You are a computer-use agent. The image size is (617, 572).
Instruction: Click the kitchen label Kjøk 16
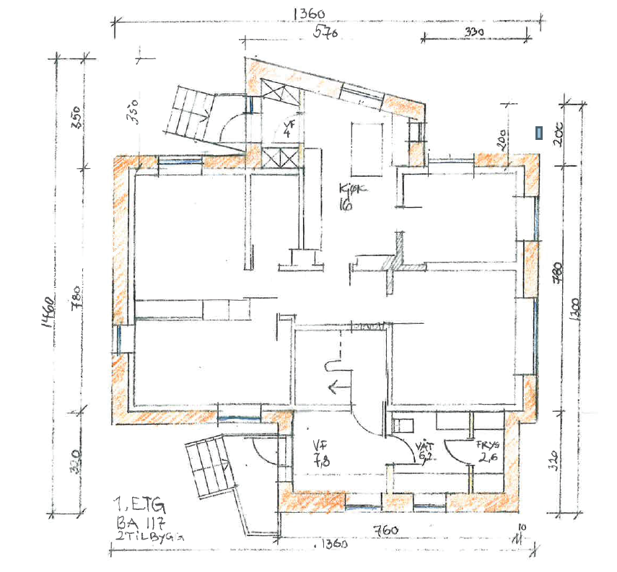(352, 196)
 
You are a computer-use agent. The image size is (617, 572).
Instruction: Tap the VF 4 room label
(287, 128)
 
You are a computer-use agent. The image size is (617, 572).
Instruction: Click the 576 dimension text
(325, 33)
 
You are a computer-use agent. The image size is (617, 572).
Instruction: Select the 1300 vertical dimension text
(574, 312)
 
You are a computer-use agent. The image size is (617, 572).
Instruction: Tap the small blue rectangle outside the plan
(538, 132)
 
